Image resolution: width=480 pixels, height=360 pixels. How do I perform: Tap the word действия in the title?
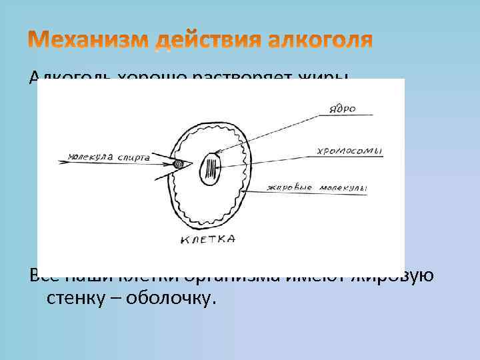[210, 41]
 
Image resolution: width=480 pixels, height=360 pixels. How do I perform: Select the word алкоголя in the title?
[321, 41]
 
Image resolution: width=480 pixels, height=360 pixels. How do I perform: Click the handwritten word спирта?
[131, 159]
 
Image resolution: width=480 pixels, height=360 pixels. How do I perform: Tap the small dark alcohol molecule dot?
[178, 164]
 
